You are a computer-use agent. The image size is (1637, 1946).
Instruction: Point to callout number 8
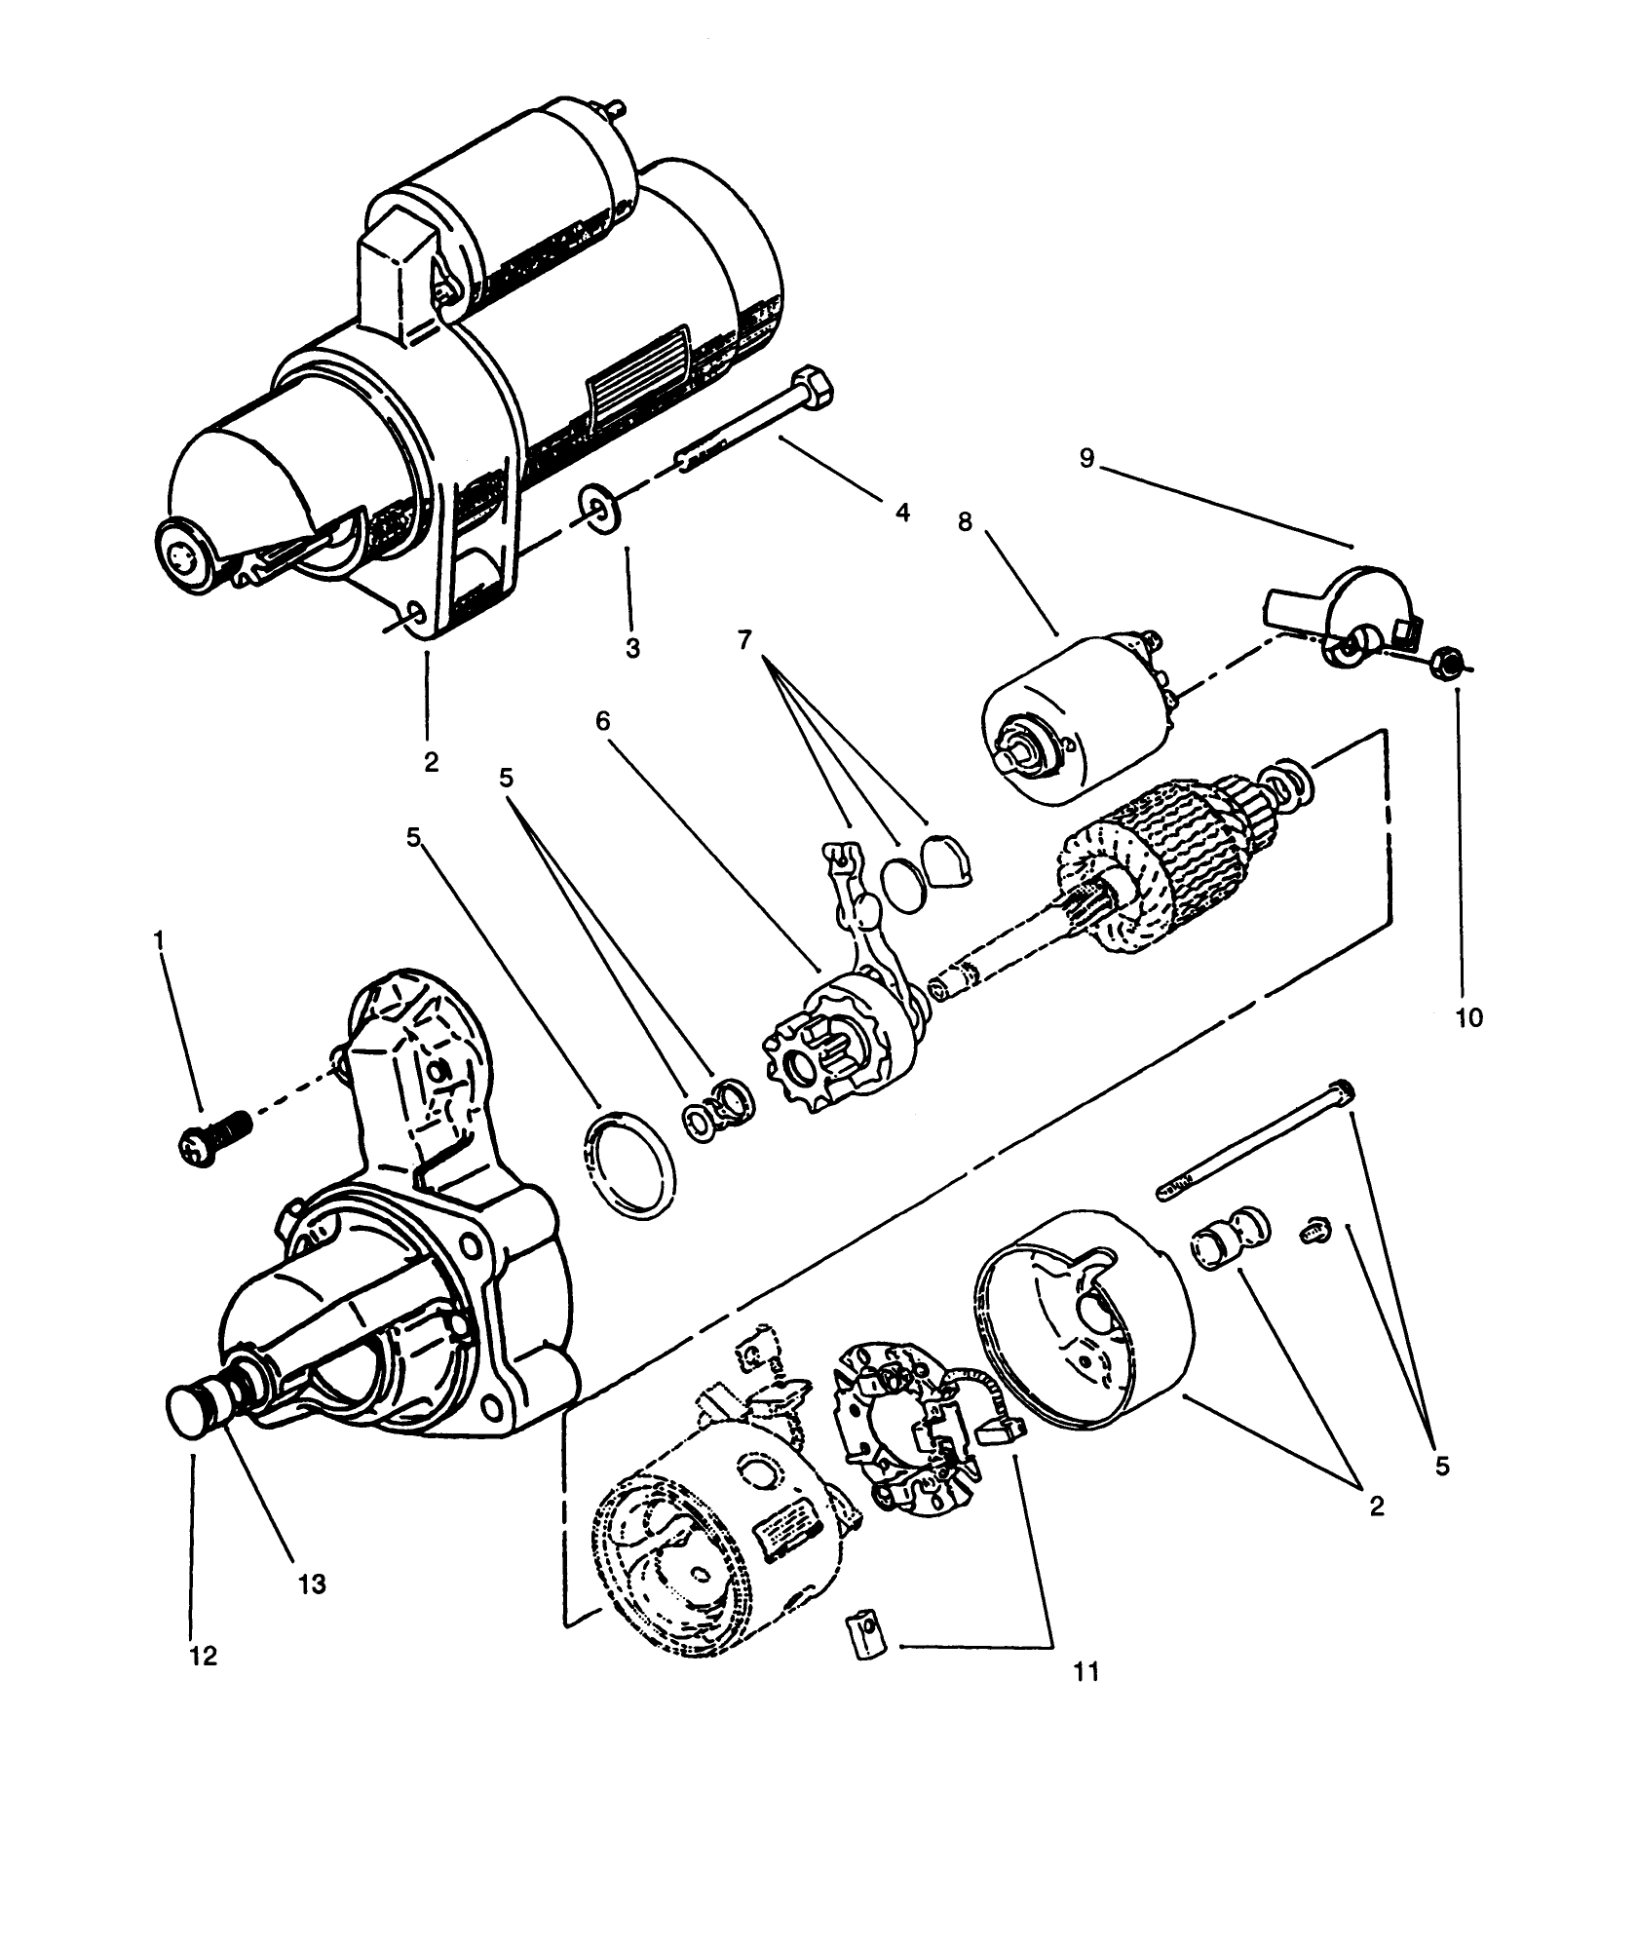[x=965, y=522]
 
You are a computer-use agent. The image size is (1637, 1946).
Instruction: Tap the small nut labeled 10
[x=1448, y=665]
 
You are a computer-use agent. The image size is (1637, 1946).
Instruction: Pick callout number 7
[x=744, y=640]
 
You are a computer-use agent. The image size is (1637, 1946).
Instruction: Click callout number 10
[x=1469, y=1018]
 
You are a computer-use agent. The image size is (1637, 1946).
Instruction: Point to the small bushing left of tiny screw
[x=1230, y=1238]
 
